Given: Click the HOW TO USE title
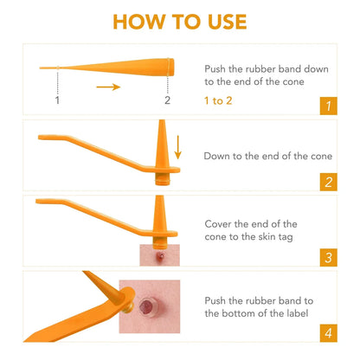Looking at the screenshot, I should point(180,22).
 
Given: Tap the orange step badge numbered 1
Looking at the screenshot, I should point(327,106).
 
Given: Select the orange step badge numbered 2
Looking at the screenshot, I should point(327,181).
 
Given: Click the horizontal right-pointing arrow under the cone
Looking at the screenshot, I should point(107,87).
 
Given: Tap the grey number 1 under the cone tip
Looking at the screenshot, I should point(57,100).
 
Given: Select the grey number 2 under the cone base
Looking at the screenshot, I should point(168,100).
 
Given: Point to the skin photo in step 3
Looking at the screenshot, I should point(157,254).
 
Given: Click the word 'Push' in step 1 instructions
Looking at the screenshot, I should point(216,67).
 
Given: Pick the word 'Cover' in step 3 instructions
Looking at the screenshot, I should point(220,223).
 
